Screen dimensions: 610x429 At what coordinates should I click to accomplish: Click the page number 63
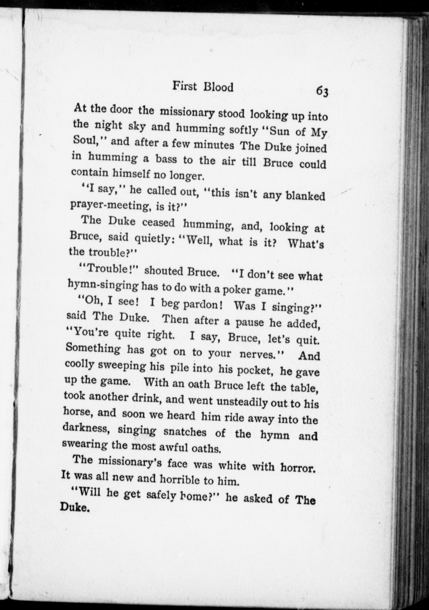coord(322,91)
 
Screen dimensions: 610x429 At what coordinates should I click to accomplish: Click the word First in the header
coord(185,87)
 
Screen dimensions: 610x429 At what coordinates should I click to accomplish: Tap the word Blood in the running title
coord(218,87)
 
